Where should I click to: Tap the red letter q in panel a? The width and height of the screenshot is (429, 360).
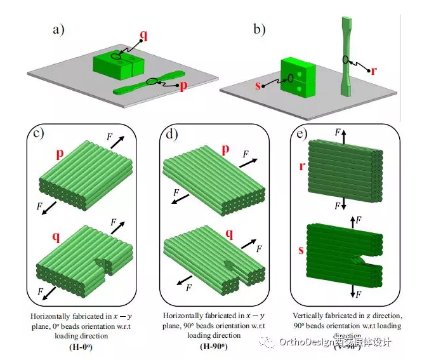tap(143, 35)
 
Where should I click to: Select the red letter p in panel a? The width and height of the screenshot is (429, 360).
tap(183, 86)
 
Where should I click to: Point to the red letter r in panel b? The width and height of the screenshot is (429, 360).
tap(374, 70)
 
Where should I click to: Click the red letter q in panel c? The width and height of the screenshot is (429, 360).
tap(56, 237)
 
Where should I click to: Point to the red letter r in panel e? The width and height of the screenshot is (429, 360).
tap(301, 166)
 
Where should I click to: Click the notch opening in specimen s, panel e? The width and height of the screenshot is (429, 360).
tap(357, 260)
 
